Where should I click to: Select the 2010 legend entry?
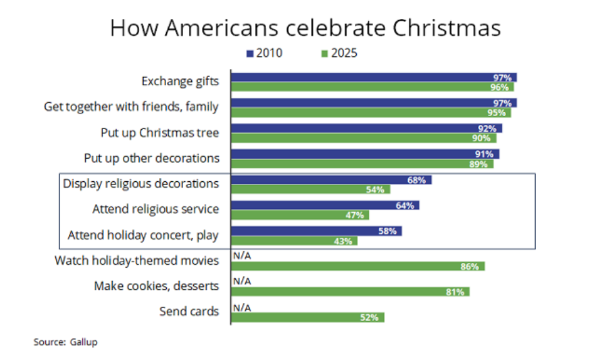(x=264, y=53)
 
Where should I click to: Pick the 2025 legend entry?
(x=339, y=53)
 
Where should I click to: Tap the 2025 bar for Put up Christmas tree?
(x=364, y=138)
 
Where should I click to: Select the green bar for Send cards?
(x=307, y=317)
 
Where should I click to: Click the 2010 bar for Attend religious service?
(x=325, y=205)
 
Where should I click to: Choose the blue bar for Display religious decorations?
(x=331, y=180)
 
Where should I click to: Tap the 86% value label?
(x=470, y=267)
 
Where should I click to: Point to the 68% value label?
(x=416, y=180)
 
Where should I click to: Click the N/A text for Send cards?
(x=241, y=307)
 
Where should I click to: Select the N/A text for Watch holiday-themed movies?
(x=241, y=256)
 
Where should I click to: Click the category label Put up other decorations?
(x=152, y=158)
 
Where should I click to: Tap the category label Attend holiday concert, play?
(x=143, y=236)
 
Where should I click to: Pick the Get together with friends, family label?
(x=131, y=107)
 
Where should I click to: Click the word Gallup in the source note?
(x=85, y=342)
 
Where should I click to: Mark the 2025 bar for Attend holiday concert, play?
(x=294, y=241)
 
